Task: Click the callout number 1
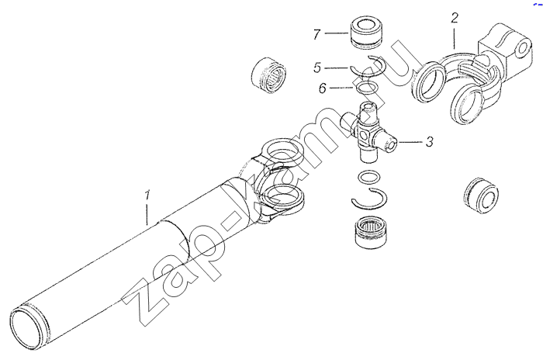click(x=147, y=196)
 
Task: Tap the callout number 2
click(x=455, y=18)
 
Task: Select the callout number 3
click(x=430, y=142)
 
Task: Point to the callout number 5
click(x=317, y=67)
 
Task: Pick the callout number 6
click(x=323, y=88)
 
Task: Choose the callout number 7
click(x=316, y=35)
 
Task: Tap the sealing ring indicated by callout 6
click(x=367, y=84)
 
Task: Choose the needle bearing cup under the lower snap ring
click(x=368, y=231)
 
